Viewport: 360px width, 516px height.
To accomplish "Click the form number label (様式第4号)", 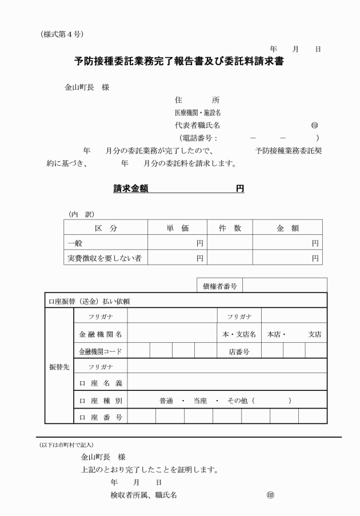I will pos(62,34).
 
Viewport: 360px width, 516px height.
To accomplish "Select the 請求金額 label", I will pos(131,189).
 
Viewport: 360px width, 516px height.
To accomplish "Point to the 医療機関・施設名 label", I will pos(198,113).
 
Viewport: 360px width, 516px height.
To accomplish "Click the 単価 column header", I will pos(177,228).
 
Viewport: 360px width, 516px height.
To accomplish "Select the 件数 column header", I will pos(230,228).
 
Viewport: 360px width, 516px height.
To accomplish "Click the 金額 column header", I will pos(287,228).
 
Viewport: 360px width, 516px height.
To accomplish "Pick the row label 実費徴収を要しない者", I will pos(104,258).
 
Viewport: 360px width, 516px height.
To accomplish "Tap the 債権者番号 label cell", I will pos(219,285).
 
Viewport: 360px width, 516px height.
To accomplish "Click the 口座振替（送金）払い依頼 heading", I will pos(91,301).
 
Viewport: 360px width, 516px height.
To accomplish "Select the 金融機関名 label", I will pos(100,334).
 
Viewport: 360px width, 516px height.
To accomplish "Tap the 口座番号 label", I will pos(100,417).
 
